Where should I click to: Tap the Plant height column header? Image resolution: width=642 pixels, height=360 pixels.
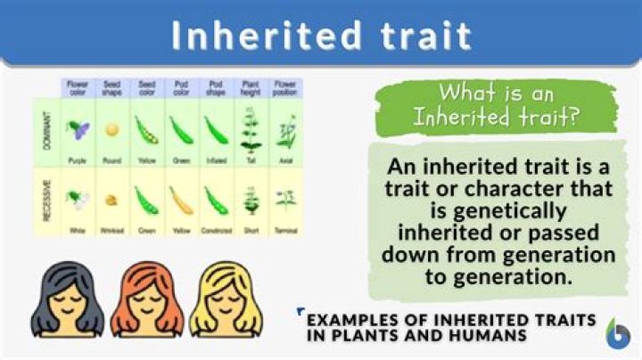point(250,89)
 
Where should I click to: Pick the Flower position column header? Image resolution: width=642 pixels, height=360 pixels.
point(285,89)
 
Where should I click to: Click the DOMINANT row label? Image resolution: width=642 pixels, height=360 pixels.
point(45,131)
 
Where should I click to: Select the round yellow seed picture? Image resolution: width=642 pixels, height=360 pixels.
point(111,130)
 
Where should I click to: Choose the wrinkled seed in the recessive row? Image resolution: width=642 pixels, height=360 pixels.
point(111,200)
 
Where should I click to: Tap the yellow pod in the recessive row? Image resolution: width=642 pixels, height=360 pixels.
point(180,200)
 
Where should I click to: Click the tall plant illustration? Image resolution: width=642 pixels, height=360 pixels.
point(250,129)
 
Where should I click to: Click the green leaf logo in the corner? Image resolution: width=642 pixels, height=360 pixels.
point(616,334)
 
